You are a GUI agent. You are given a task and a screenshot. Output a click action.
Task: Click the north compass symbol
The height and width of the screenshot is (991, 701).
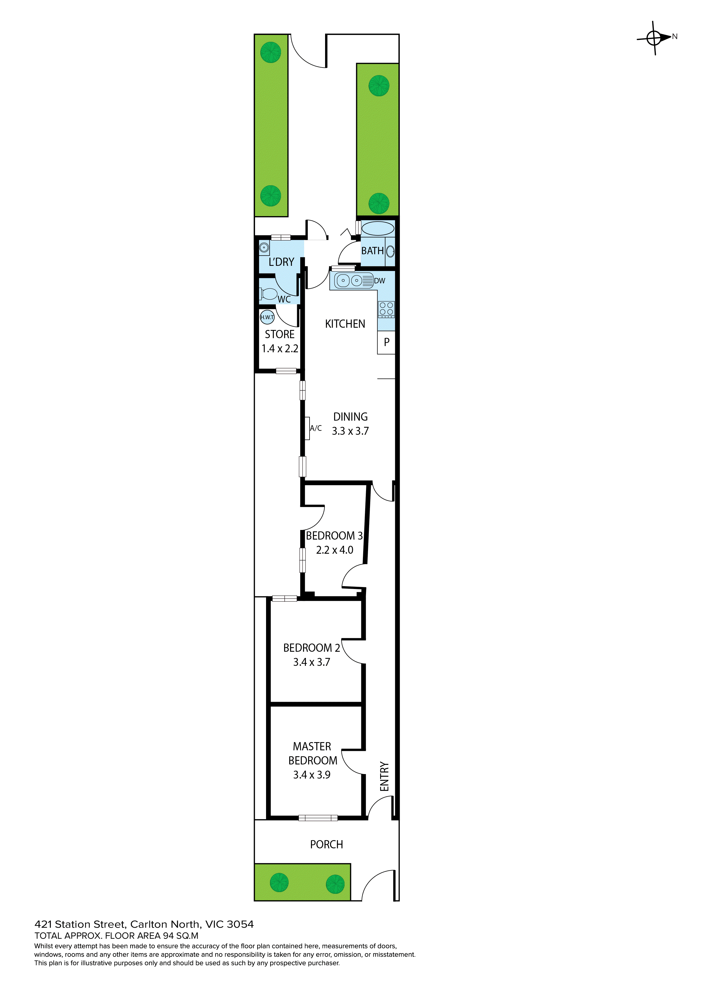coord(655,38)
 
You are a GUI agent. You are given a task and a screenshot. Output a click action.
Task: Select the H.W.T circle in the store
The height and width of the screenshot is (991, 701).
coord(267,317)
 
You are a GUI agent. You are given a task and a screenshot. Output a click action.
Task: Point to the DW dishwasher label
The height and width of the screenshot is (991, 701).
coord(379,281)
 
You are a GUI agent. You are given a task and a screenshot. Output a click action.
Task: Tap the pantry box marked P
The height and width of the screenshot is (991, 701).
coord(386,342)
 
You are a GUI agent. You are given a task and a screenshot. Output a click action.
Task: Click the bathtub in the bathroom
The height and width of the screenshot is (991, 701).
coord(378,228)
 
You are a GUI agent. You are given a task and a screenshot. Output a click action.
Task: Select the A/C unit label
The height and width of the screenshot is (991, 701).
coord(315,428)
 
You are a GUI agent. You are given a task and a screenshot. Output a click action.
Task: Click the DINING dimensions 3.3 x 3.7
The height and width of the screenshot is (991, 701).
coord(350,431)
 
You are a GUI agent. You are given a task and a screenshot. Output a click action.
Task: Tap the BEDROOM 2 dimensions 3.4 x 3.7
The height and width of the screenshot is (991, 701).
coord(312,662)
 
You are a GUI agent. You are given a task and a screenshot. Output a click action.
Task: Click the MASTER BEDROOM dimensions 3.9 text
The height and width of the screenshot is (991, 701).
coord(312,775)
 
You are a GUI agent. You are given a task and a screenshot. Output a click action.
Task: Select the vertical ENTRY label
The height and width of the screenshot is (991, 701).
coord(384,777)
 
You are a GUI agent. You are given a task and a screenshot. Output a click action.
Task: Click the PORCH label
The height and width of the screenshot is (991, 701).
coord(326,845)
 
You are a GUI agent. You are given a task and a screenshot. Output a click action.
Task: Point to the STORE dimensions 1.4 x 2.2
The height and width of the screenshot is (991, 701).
coord(280,349)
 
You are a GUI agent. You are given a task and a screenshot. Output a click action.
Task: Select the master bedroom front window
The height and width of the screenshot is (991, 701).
coord(318,818)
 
